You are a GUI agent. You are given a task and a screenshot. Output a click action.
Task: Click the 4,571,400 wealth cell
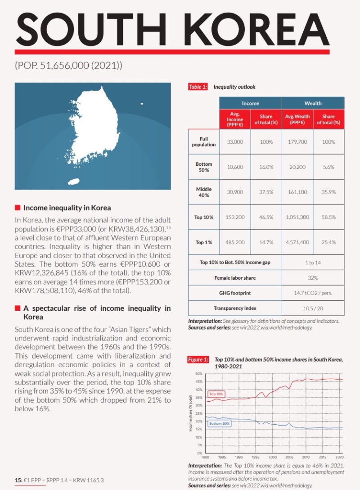point(297,242)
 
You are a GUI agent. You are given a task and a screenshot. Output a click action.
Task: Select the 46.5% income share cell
point(266,217)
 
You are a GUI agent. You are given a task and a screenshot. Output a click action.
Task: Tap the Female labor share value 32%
point(313,278)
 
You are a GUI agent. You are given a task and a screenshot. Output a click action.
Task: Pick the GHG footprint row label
point(235,293)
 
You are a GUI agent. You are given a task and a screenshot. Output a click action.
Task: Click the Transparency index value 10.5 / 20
point(313,308)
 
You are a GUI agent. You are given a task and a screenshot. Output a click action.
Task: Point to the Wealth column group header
point(313,103)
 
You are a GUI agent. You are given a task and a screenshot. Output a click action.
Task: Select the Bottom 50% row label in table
point(203,167)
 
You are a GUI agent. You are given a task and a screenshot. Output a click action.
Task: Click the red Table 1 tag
point(198,87)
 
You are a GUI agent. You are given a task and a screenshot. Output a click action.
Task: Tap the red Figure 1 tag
point(198,359)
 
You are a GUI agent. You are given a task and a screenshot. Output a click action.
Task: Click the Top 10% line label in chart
point(216,394)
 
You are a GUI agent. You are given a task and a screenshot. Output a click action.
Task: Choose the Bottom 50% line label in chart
point(220,423)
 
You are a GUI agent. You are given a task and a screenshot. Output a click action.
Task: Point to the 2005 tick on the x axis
point(289,457)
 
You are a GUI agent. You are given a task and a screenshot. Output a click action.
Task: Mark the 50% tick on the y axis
point(198,374)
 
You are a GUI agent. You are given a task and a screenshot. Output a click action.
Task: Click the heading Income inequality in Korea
point(67,208)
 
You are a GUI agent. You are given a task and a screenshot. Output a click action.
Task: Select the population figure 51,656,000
point(67,65)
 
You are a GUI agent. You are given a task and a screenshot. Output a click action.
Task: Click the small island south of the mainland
point(73,181)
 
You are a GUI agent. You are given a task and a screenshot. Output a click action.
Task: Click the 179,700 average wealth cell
point(297,142)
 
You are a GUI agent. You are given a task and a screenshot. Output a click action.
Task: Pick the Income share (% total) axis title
point(191,413)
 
